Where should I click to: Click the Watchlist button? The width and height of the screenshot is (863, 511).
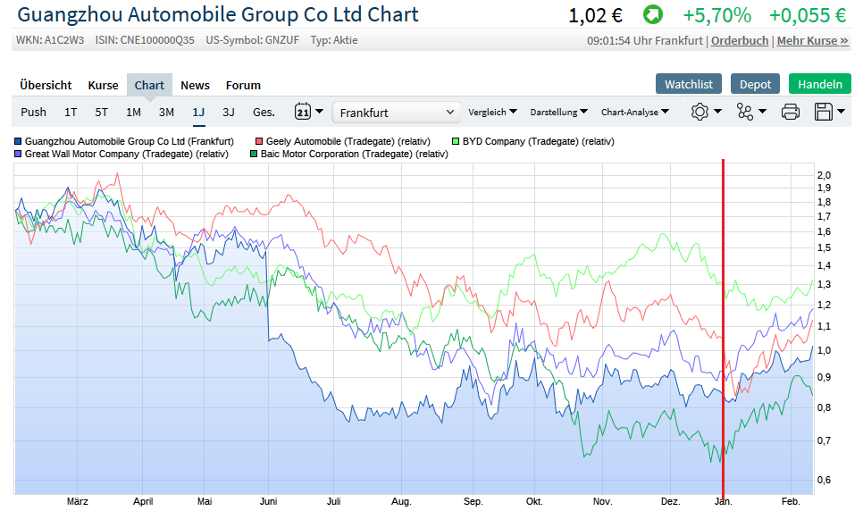tap(689, 84)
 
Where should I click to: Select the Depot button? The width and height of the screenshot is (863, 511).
tap(755, 84)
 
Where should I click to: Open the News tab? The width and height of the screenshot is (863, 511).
tap(195, 86)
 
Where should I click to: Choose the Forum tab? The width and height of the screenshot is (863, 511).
tap(243, 86)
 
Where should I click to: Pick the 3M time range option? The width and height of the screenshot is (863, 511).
tap(166, 113)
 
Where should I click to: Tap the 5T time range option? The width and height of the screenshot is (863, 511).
tap(102, 113)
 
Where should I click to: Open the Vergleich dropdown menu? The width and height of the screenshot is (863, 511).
tap(492, 113)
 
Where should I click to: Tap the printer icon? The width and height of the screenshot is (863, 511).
tap(790, 113)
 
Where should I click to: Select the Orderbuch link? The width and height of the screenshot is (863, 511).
tap(740, 41)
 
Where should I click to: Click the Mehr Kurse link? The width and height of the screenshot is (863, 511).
tap(812, 41)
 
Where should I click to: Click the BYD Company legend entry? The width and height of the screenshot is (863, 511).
tap(537, 141)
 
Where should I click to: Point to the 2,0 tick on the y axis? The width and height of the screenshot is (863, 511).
tap(824, 175)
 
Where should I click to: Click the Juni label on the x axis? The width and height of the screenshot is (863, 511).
tap(268, 501)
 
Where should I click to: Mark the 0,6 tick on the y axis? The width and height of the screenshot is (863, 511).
tap(824, 481)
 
